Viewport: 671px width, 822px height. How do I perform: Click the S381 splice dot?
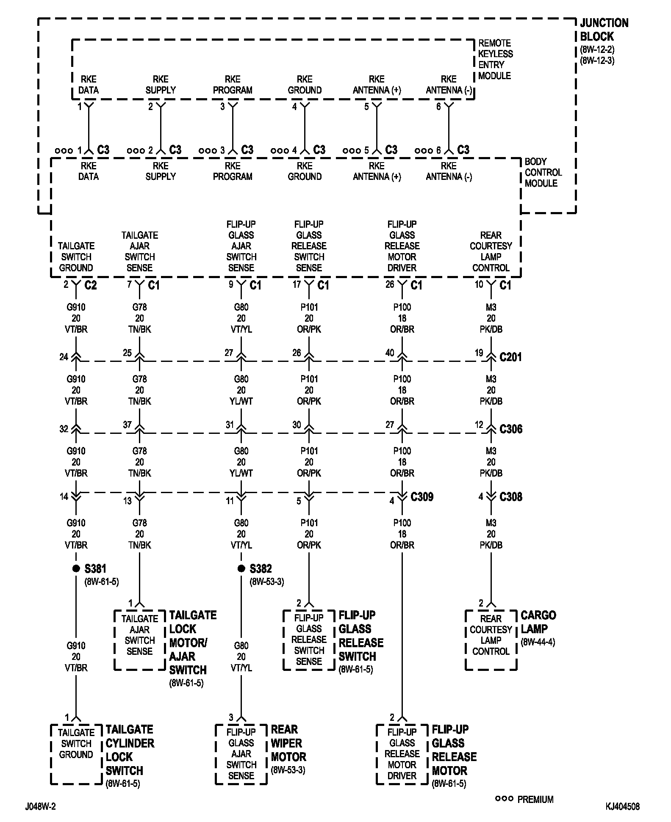(76, 568)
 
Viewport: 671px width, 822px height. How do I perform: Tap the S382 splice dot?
(241, 568)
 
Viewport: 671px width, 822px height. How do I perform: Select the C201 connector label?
(511, 357)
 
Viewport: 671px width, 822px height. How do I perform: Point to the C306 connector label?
(511, 429)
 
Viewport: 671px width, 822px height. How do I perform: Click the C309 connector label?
(422, 497)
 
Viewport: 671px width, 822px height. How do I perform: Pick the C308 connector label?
(511, 497)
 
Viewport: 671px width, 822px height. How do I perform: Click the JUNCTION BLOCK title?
(604, 30)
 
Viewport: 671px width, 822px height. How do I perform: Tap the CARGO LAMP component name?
(538, 622)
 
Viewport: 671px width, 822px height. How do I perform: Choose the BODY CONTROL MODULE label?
(543, 173)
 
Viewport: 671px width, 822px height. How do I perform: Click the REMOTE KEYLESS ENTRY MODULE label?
(495, 60)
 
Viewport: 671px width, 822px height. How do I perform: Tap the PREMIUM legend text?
(535, 800)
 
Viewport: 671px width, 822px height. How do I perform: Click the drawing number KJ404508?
(622, 807)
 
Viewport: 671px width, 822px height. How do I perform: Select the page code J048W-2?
(40, 807)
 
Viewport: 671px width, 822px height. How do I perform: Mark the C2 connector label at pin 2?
(91, 286)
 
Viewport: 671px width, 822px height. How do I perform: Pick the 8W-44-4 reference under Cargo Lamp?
(538, 643)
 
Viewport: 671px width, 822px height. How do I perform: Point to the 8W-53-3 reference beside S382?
(267, 582)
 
